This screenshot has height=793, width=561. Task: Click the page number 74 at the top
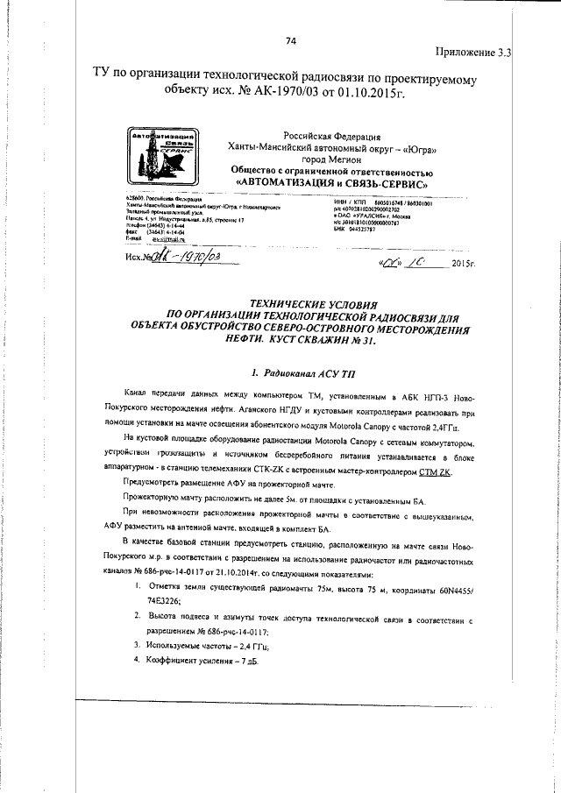[291, 39]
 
